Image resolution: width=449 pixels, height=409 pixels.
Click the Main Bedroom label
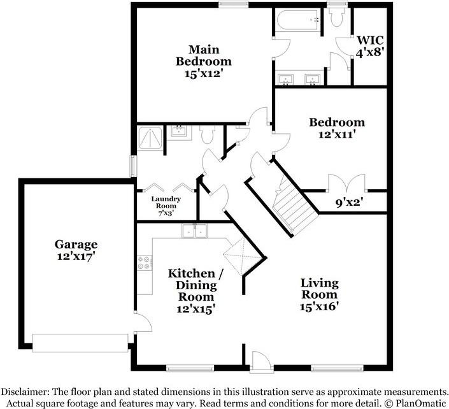[204, 62]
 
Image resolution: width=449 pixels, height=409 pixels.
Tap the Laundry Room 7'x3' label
[166, 206]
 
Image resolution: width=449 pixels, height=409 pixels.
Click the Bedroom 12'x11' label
[337, 128]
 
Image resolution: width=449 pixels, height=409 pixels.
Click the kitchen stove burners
[144, 262]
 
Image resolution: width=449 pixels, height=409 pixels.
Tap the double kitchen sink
[195, 231]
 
